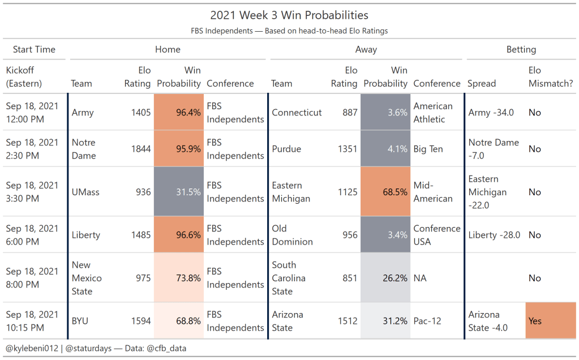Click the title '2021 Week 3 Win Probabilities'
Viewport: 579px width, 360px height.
click(289, 15)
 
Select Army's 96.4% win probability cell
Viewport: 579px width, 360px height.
click(179, 113)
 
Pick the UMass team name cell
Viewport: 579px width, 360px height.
click(85, 192)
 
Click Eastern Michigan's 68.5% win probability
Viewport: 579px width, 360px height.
click(385, 192)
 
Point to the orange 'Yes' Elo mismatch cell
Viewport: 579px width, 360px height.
click(550, 321)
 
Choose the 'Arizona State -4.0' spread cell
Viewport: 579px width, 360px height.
click(484, 321)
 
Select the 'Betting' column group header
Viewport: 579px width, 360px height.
click(521, 49)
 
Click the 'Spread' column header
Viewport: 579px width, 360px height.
click(482, 83)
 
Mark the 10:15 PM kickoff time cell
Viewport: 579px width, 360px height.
click(32, 321)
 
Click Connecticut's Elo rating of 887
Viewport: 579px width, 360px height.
click(350, 113)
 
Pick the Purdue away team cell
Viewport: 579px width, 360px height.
click(286, 149)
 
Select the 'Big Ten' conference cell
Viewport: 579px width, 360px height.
click(428, 149)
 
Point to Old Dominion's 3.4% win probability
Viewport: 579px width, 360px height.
click(385, 235)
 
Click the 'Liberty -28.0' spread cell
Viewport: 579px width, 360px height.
click(494, 235)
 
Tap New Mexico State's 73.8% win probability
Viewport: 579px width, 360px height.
click(179, 278)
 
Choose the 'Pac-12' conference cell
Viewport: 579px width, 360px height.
click(427, 321)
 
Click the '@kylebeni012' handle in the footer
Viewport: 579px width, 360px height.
click(32, 349)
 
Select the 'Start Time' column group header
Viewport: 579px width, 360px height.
click(34, 49)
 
